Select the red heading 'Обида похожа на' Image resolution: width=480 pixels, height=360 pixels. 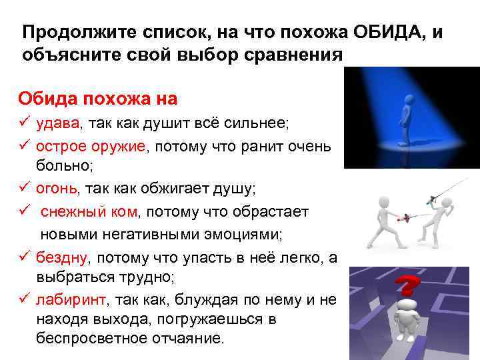tap(97, 99)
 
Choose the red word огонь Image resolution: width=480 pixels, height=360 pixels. tap(57, 189)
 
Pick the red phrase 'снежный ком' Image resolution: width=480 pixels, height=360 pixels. tap(89, 212)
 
